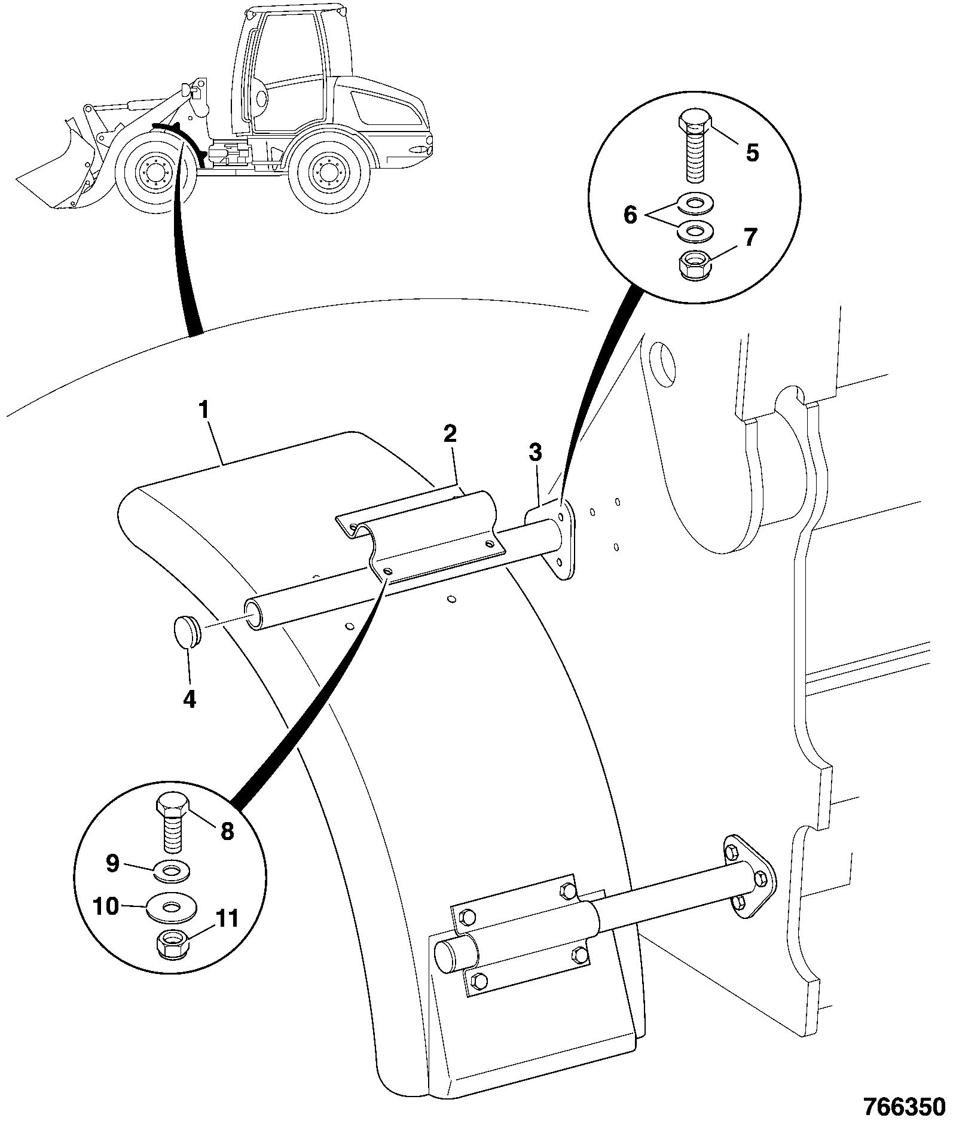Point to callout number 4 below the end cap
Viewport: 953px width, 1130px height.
(190, 699)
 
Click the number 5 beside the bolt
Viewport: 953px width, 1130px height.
(752, 153)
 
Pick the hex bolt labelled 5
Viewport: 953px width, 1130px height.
(694, 147)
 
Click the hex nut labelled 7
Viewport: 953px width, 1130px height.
(695, 264)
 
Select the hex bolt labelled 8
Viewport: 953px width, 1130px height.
(173, 823)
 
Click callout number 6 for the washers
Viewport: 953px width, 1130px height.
(631, 215)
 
